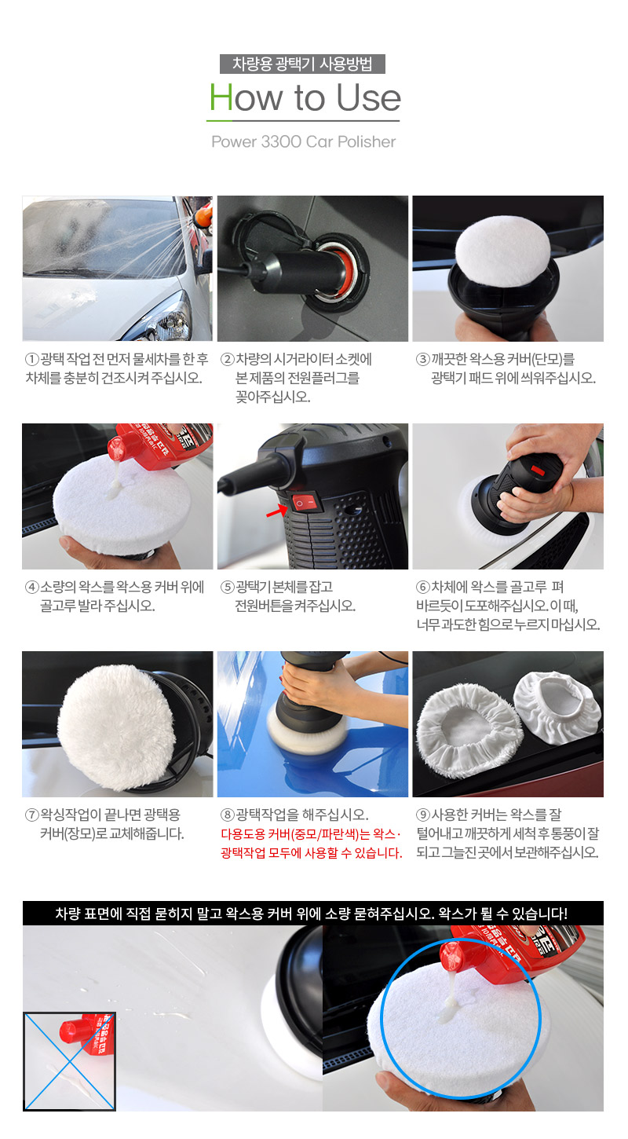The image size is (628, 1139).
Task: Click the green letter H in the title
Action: coord(221,97)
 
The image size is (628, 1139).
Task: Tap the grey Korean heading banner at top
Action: coord(302,64)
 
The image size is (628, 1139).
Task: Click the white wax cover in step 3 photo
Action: coord(502,250)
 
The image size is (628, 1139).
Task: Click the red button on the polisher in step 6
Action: coord(538,470)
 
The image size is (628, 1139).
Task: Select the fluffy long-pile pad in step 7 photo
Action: coord(118,728)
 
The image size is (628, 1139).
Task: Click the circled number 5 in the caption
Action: coord(227,588)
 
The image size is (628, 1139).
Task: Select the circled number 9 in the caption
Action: coord(423,815)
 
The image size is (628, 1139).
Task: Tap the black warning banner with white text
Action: coord(313,914)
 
